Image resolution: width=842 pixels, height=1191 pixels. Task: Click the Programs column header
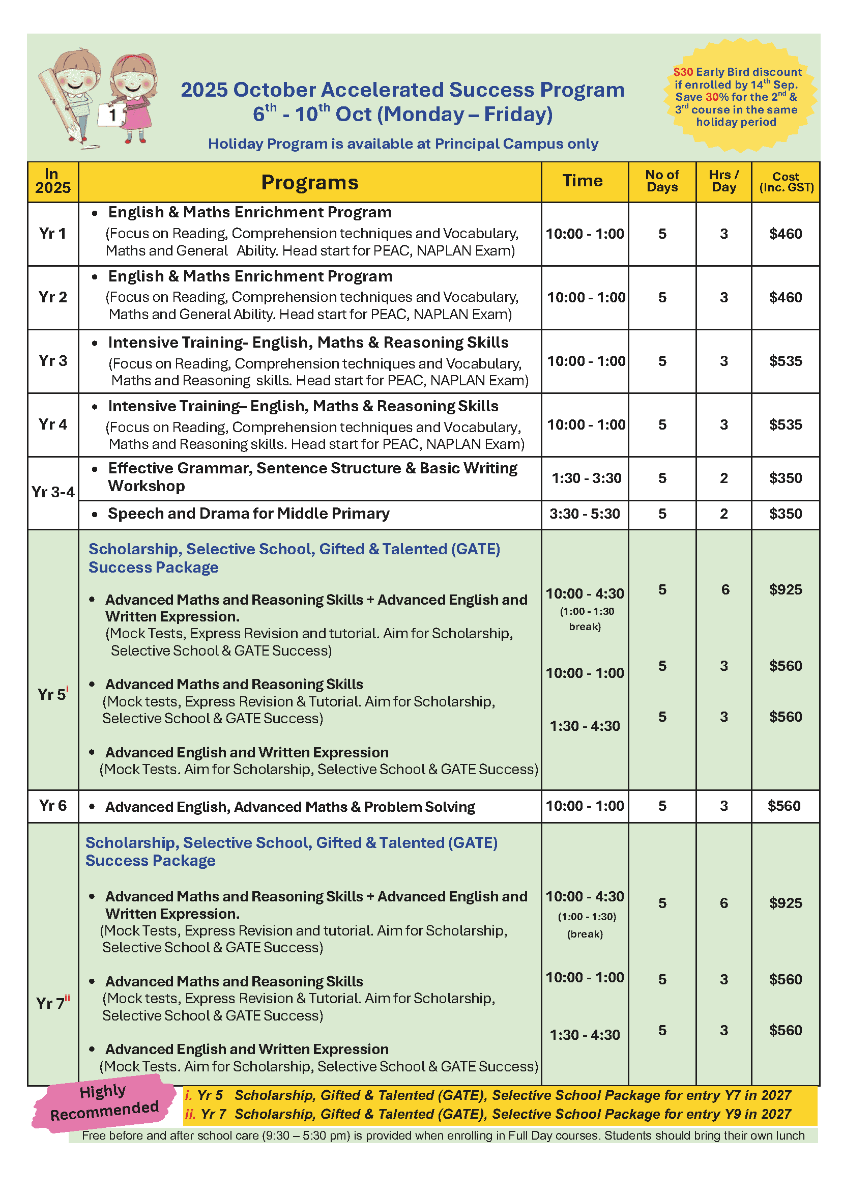tap(309, 182)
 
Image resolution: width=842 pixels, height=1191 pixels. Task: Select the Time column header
tap(582, 181)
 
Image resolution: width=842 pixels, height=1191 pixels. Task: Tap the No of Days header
tap(661, 181)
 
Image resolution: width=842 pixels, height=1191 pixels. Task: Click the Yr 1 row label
tap(52, 234)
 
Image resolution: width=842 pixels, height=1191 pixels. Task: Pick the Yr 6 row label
tap(52, 806)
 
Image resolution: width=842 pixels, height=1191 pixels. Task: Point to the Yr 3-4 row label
tap(53, 492)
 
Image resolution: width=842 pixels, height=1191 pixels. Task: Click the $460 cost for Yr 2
tap(785, 297)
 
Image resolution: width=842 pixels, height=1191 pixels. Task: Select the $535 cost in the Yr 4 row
tap(785, 425)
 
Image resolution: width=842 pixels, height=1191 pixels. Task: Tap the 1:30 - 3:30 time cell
tap(586, 478)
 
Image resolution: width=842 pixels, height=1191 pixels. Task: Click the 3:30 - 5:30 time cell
tap(585, 514)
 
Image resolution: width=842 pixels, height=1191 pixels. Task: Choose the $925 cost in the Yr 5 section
tap(785, 589)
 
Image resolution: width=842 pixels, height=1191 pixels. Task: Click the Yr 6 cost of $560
tap(784, 806)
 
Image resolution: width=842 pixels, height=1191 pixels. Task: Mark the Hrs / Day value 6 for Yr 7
tap(724, 903)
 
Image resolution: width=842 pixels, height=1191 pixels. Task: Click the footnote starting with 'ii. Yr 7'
tap(487, 1114)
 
